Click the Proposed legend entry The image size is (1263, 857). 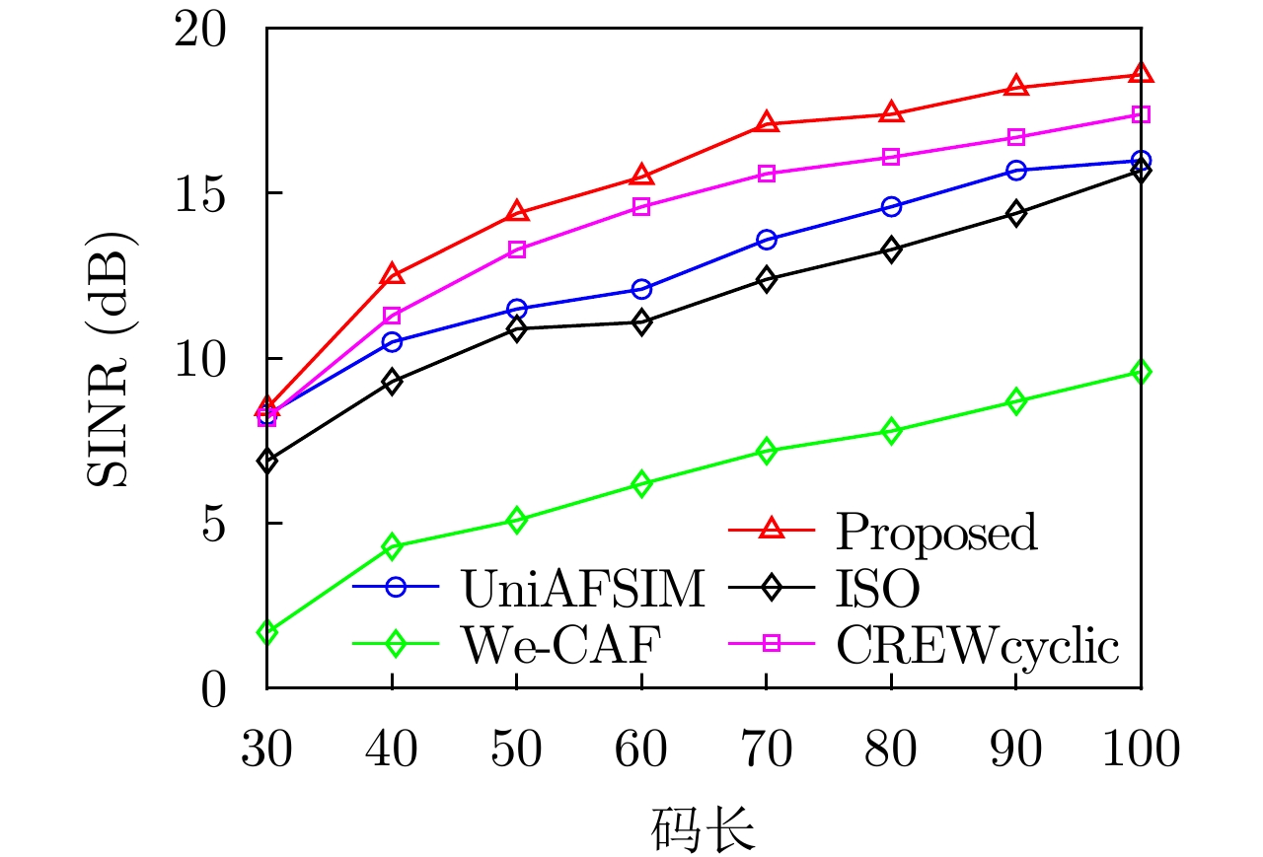point(935,532)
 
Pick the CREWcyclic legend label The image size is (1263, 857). point(977,646)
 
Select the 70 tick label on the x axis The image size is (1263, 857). point(766,750)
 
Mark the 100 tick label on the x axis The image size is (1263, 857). point(1141,750)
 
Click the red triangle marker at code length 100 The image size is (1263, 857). point(1141,74)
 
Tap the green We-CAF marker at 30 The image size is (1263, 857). point(267,631)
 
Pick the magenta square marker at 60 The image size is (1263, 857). point(641,207)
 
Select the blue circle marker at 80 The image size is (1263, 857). point(891,207)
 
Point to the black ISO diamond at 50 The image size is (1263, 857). point(517,328)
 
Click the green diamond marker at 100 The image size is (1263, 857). point(1141,372)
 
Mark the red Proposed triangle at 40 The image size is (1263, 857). point(392,274)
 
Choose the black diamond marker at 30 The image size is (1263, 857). point(267,460)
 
